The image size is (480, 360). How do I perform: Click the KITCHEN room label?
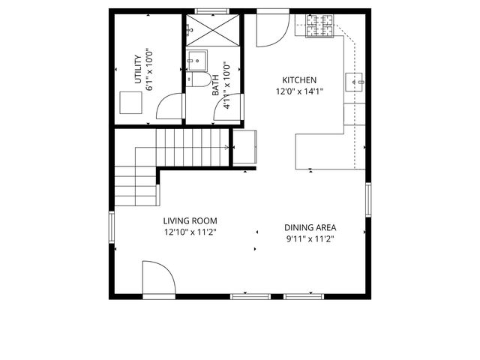pyautogui.click(x=299, y=80)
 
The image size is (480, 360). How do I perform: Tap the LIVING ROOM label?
pyautogui.click(x=190, y=220)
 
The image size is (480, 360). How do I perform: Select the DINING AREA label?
pyautogui.click(x=310, y=228)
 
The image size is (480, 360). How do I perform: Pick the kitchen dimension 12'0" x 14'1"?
pyautogui.click(x=299, y=92)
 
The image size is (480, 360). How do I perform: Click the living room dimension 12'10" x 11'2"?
pyautogui.click(x=190, y=232)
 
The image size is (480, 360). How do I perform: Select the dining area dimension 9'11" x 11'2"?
pyautogui.click(x=310, y=239)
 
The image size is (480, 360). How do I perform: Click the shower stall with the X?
pyautogui.click(x=213, y=31)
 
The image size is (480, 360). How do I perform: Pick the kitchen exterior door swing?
pyautogui.click(x=271, y=28)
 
